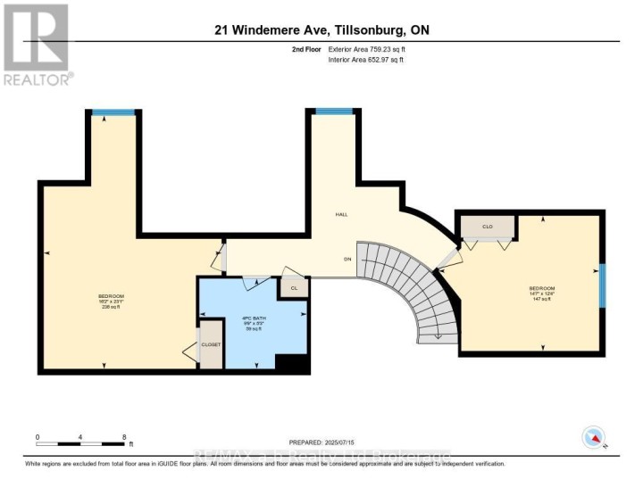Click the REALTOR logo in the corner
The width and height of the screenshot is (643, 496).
(36, 44)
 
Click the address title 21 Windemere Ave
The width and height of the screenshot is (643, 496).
(321, 29)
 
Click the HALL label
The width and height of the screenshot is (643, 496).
(341, 215)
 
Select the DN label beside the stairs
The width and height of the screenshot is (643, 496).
(347, 259)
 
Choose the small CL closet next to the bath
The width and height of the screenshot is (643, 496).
(293, 287)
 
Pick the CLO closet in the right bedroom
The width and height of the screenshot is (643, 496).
(488, 227)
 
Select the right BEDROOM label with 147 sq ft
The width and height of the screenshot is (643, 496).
(542, 293)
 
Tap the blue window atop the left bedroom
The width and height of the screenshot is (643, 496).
(113, 112)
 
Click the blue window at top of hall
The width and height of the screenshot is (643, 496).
(334, 112)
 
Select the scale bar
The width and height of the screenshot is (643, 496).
(80, 443)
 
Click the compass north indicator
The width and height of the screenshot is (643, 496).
(593, 437)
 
